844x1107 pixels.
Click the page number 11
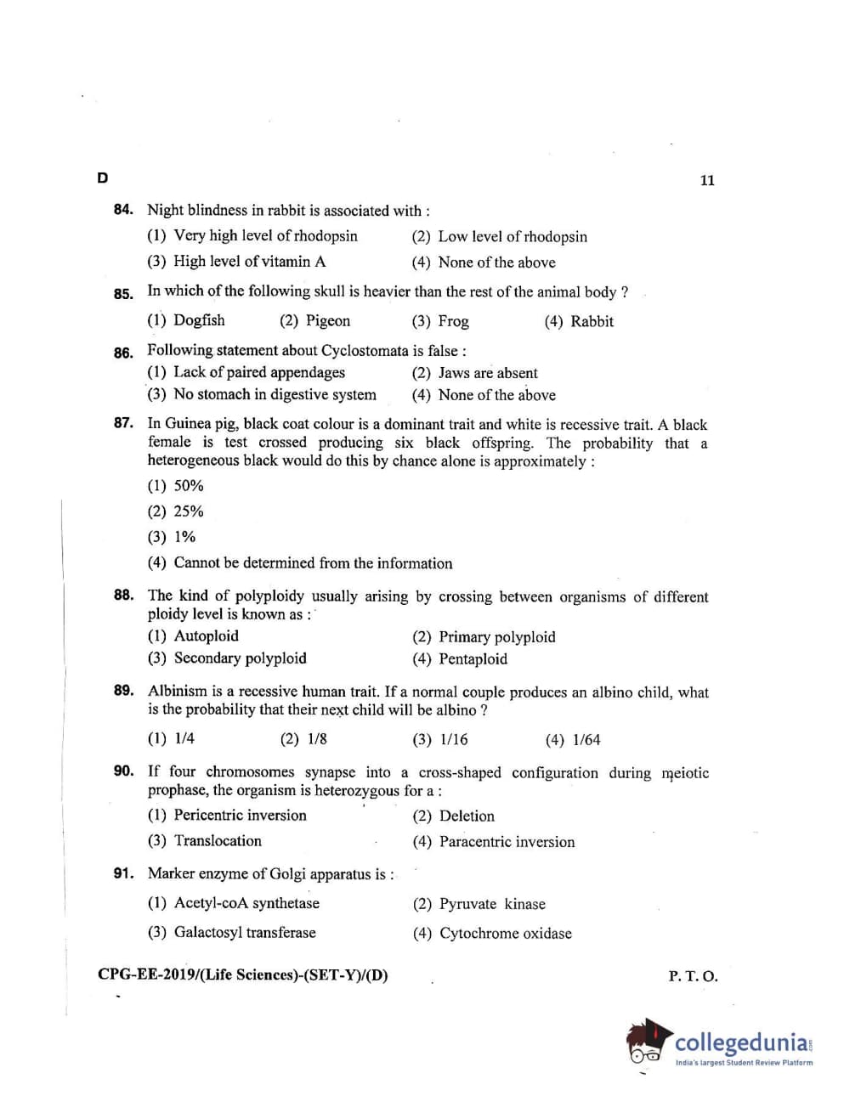click(707, 180)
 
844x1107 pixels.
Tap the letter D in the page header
click(103, 178)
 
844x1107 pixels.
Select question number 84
click(123, 210)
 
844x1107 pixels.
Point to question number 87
click(123, 423)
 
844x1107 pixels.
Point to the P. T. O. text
click(693, 977)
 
